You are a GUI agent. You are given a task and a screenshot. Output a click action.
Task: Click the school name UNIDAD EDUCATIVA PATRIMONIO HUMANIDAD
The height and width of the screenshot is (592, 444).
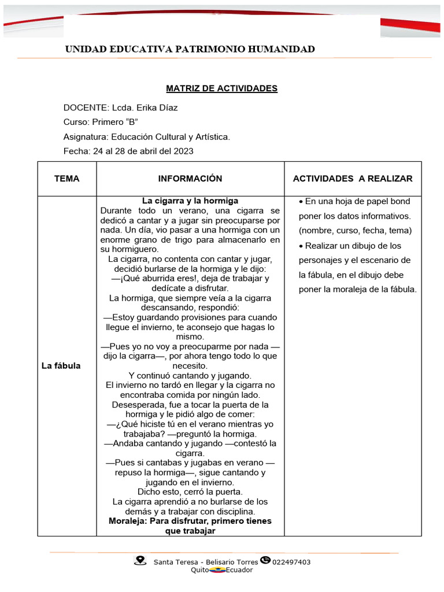190,49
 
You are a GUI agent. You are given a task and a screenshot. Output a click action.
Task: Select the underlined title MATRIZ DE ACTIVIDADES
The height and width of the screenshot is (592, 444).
221,88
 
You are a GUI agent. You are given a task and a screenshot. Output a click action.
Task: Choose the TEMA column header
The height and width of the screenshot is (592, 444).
67,179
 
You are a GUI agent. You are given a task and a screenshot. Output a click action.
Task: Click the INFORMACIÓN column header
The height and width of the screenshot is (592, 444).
190,179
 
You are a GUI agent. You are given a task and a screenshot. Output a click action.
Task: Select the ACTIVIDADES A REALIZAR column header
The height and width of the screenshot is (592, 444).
353,179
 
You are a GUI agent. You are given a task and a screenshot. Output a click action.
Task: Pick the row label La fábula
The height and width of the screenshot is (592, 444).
61,366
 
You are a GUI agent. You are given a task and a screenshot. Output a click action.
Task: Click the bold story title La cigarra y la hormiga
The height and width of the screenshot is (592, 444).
190,201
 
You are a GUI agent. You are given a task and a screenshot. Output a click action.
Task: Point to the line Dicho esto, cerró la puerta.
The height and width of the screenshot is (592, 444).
190,492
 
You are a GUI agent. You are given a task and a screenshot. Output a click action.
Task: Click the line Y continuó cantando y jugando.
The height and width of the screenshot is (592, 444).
190,375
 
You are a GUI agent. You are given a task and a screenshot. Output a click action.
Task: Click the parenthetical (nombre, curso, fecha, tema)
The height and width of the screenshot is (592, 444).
355,231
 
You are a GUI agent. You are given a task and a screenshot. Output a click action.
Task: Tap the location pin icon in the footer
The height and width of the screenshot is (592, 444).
139,560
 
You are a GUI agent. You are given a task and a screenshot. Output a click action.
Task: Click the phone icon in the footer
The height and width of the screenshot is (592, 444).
265,560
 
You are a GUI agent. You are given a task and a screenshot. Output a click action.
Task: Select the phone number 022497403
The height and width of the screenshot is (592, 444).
291,561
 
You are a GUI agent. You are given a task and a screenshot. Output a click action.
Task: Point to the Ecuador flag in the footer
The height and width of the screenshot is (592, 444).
217,570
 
